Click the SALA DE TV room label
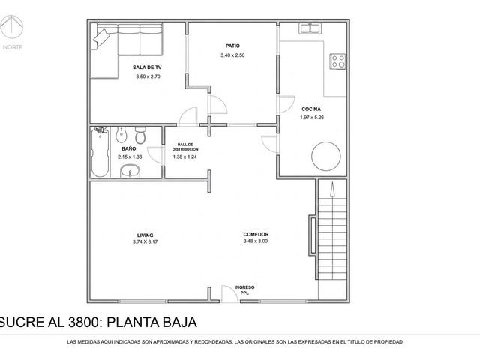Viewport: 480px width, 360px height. pos(147,67)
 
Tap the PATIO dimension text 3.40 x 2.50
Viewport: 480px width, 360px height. pos(232,55)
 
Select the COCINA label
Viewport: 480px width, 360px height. pos(311,109)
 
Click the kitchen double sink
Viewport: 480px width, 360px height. pos(310,28)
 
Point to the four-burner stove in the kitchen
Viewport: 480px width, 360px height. pos(338,61)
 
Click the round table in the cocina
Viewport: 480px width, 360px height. pos(326,156)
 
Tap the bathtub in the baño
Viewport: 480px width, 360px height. pos(100,151)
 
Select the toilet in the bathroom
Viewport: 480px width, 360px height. pos(140,135)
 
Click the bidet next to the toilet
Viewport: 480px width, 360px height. pos(121,135)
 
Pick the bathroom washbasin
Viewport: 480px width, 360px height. pos(130,172)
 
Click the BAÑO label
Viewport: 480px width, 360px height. pos(128,148)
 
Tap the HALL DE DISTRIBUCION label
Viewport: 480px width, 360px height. pos(185,147)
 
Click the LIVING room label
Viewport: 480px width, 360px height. pos(145,235)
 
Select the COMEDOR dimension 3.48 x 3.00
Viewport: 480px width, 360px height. pos(256,241)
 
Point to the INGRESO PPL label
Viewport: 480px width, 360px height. pos(244,290)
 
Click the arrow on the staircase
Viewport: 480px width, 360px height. pos(332,189)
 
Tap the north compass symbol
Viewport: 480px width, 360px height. pos(12,26)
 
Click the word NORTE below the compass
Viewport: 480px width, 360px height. pos(13,47)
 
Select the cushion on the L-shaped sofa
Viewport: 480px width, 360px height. pos(101,39)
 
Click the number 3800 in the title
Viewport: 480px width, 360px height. pos(82,322)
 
